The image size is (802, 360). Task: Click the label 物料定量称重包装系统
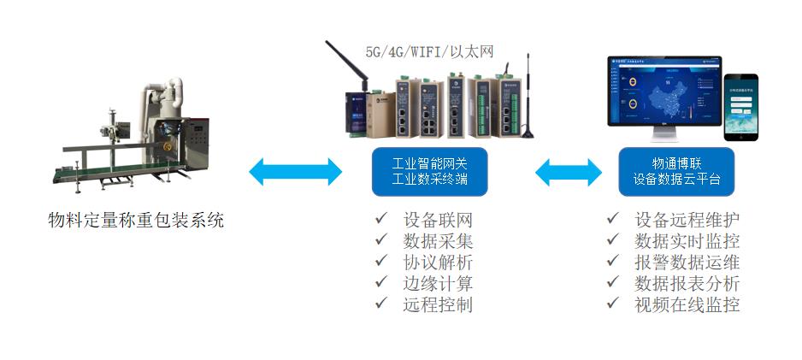(136, 220)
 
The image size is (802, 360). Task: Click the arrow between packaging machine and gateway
(295, 172)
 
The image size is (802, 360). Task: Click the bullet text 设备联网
(437, 220)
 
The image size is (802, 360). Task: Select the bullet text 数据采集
(437, 241)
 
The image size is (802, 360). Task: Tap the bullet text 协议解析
(437, 263)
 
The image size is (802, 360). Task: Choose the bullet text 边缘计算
(437, 284)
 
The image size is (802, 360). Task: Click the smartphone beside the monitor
(740, 107)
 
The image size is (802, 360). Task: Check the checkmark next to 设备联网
(380, 219)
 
